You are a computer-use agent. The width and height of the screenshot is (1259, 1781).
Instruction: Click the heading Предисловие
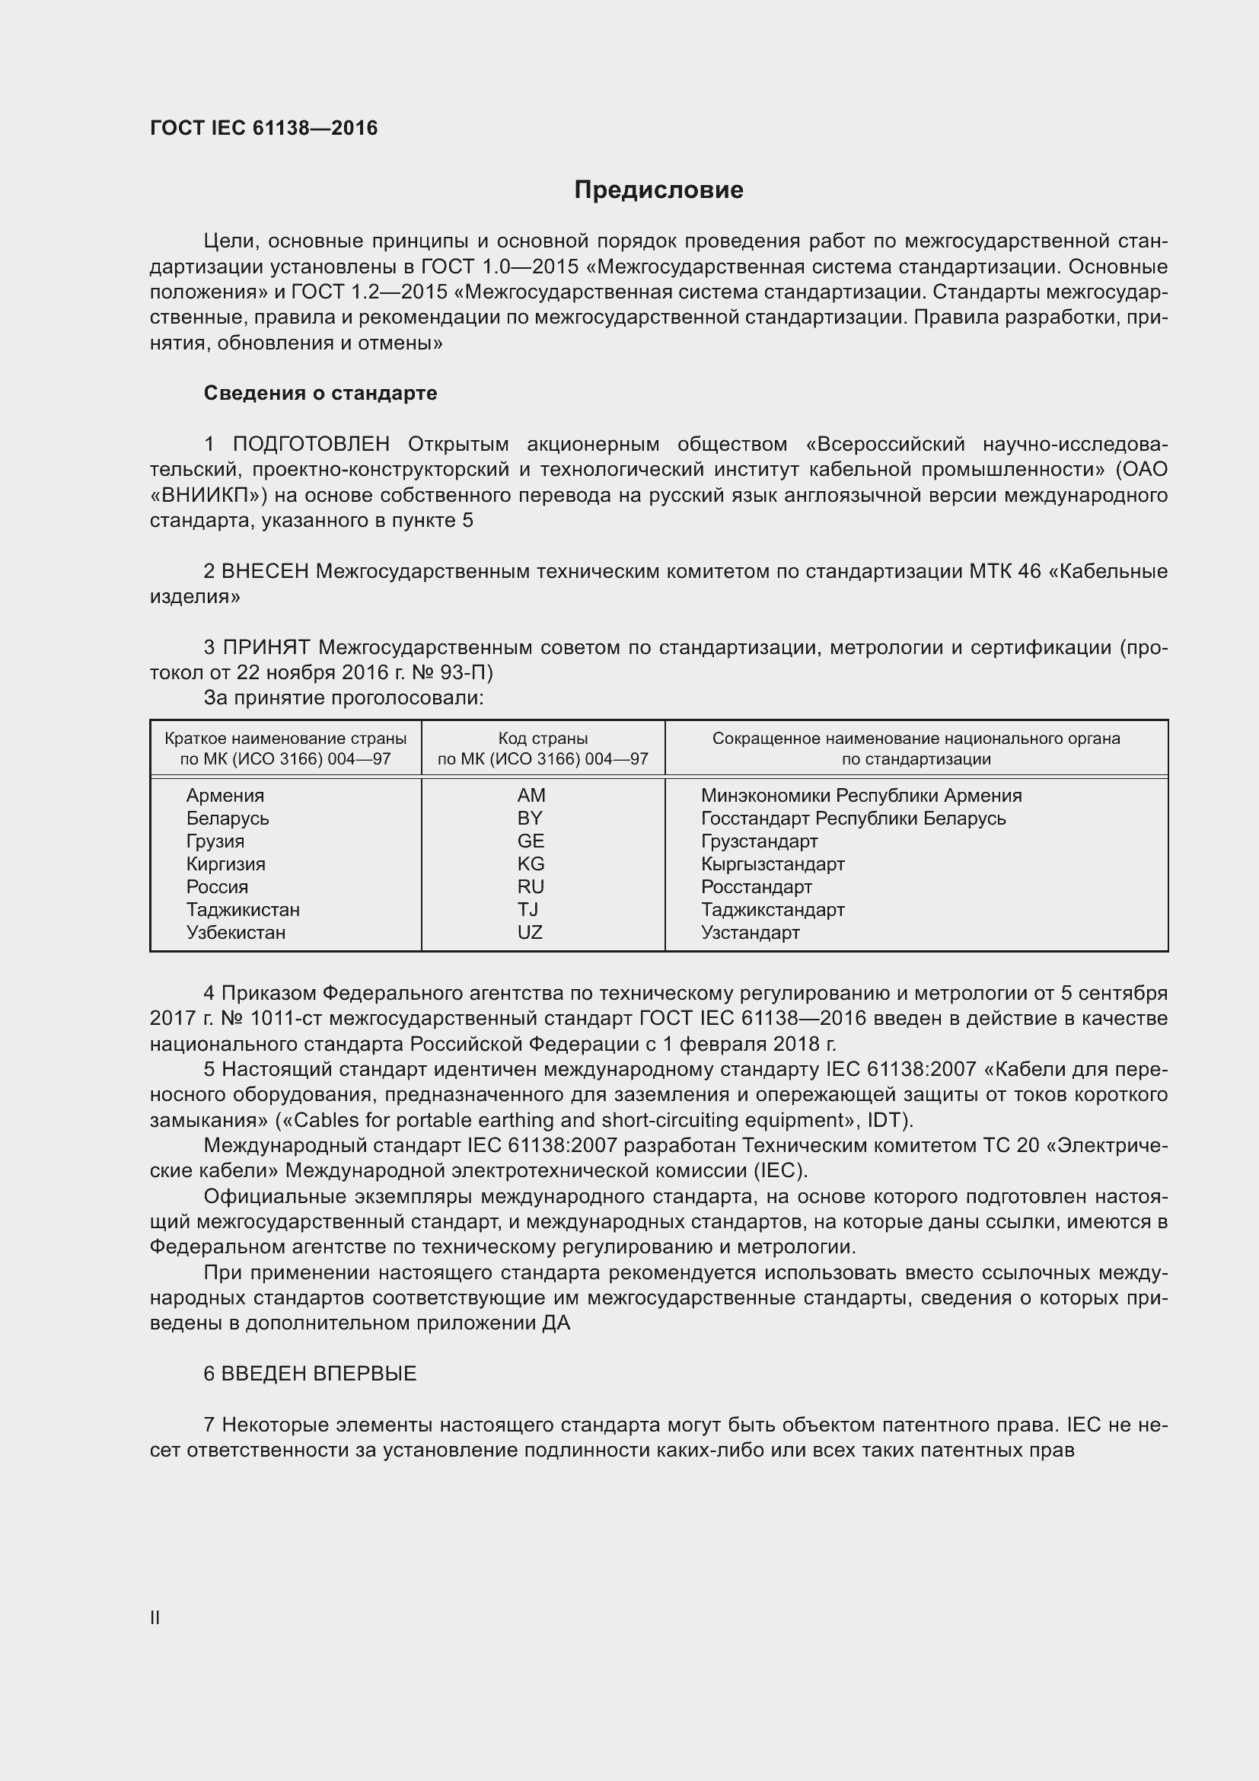658,190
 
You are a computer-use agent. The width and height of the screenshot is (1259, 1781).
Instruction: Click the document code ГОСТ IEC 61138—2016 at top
263,128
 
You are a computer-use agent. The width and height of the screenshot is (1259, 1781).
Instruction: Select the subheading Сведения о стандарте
320,393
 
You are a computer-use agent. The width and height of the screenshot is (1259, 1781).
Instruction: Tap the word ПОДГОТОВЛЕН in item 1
311,445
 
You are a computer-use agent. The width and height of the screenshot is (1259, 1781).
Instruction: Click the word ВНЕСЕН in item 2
264,572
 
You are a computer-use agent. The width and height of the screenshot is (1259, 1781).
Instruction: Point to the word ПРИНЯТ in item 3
266,648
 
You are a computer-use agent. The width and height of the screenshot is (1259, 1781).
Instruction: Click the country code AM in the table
531,796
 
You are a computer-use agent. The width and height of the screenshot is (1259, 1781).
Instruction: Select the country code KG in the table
531,864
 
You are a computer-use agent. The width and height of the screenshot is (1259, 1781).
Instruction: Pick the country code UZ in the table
531,933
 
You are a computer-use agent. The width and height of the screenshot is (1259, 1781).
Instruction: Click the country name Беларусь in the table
227,819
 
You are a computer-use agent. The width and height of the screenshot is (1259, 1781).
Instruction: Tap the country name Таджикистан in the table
243,910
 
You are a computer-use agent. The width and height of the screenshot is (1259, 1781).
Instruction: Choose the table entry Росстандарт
756,886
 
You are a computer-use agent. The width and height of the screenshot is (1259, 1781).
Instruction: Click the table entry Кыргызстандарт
772,864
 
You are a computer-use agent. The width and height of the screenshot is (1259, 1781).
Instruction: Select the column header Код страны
543,739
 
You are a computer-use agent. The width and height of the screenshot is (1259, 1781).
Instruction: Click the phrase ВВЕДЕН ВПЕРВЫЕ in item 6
319,1374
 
